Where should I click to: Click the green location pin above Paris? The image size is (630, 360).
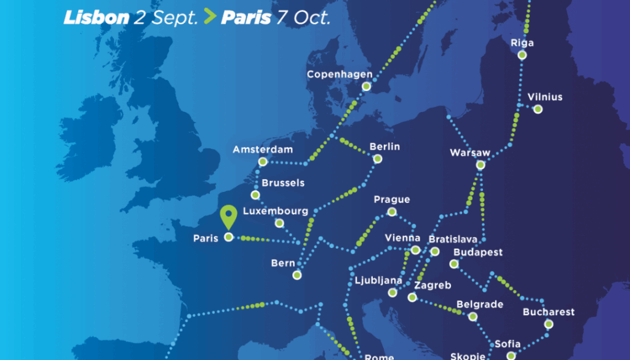click(x=229, y=217)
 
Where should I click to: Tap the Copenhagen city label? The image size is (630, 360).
click(x=340, y=75)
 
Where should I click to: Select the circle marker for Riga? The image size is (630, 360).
click(x=522, y=55)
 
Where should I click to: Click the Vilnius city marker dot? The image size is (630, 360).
click(x=538, y=110)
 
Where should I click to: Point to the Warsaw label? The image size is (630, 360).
click(x=470, y=153)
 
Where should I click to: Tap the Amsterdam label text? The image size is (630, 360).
click(x=263, y=150)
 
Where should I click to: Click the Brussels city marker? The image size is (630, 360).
click(x=255, y=195)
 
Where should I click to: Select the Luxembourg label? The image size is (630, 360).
click(x=276, y=211)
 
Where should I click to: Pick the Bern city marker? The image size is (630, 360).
click(x=297, y=275)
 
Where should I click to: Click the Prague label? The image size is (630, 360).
click(x=391, y=200)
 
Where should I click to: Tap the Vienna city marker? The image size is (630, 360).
click(x=415, y=250)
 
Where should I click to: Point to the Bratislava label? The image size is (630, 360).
click(x=453, y=239)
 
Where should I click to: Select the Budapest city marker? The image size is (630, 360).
click(x=454, y=264)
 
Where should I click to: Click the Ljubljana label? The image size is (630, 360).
click(x=378, y=281)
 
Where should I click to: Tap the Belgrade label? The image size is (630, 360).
click(x=480, y=305)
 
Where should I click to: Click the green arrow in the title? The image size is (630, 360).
click(x=210, y=17)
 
